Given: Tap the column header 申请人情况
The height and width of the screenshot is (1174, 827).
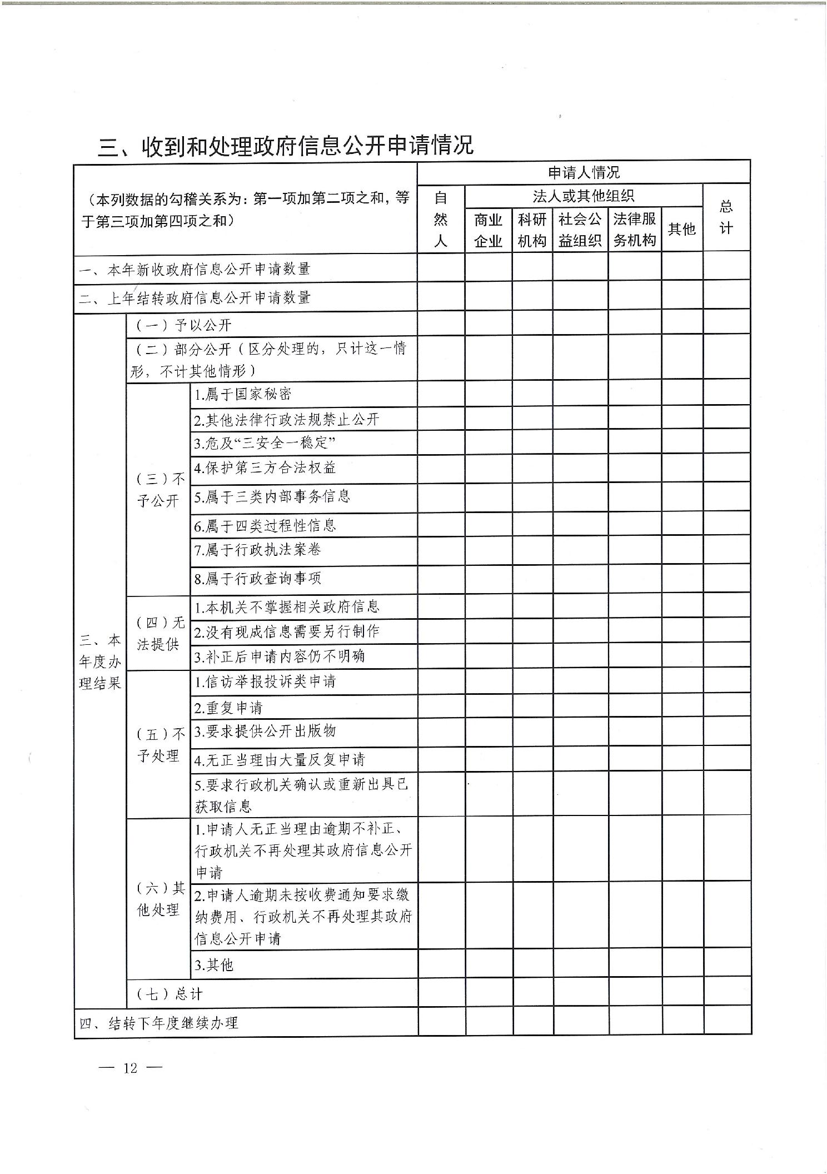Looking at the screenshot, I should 583,173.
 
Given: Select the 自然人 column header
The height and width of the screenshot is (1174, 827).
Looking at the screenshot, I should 440,219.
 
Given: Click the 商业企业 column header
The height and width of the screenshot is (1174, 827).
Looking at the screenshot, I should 488,230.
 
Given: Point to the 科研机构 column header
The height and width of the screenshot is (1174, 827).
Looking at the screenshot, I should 532,230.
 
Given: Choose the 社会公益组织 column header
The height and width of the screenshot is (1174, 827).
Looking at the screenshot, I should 580,230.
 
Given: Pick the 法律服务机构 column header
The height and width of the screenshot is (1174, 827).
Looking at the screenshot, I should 634,230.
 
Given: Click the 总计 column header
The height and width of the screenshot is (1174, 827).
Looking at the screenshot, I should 726,218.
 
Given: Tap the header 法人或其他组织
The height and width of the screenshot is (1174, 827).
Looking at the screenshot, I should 583,196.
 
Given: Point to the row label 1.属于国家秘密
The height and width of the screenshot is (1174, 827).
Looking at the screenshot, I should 242,395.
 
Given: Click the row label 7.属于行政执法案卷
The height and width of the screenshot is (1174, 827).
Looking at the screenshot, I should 257,550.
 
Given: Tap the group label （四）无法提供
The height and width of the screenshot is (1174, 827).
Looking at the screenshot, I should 158,633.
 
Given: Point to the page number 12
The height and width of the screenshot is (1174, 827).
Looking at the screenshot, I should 130,1068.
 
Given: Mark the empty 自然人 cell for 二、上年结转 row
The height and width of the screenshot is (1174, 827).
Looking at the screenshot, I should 441,297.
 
